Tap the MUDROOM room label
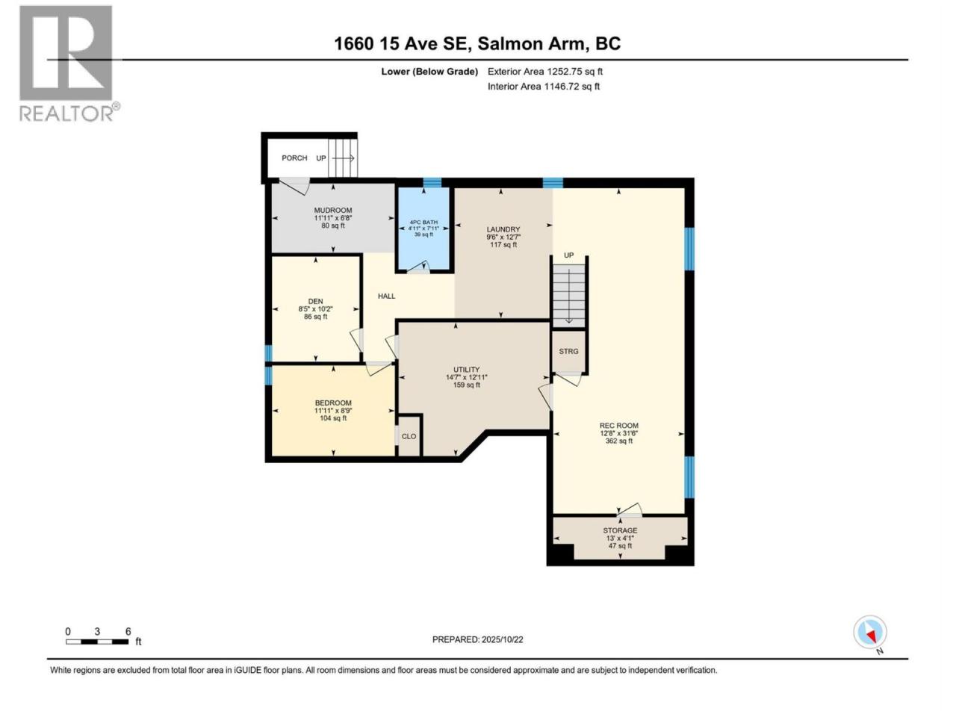pos(333,211)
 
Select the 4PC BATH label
pos(423,223)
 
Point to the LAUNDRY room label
pos(503,229)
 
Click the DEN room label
pos(315,301)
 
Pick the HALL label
pos(386,296)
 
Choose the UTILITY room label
pos(467,369)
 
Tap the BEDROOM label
pos(333,403)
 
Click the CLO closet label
pos(409,436)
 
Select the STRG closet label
pos(568,351)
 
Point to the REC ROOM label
pos(618,426)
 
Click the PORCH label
pos(294,158)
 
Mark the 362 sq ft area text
pos(618,441)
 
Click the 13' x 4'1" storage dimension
pos(620,538)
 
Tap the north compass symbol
pos(870,632)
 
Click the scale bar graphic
pos(97,642)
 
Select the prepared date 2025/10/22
pos(502,639)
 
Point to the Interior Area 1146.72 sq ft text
pos(544,86)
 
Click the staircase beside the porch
pos(343,158)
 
